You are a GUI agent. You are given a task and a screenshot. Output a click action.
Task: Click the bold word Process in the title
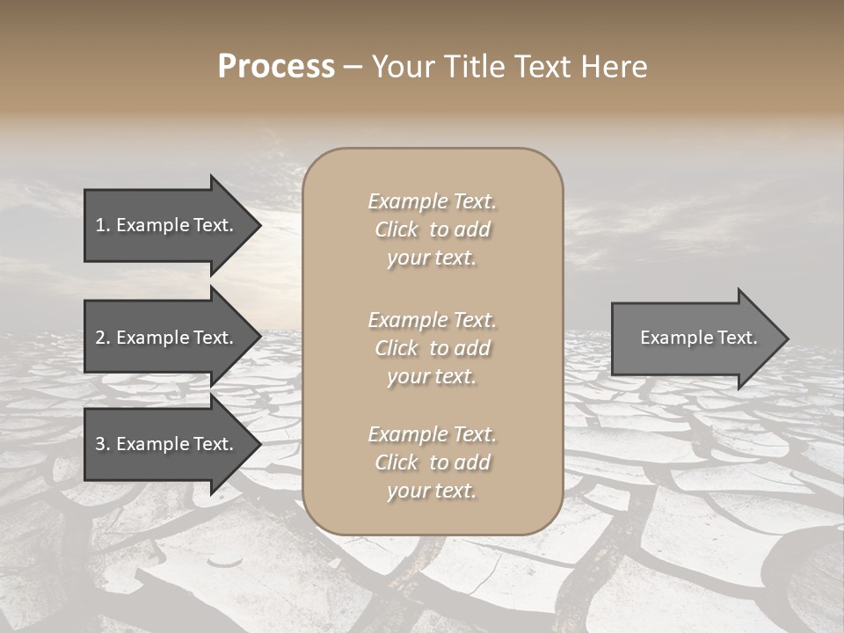pos(276,67)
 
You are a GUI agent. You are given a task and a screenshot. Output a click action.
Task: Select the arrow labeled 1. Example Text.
pos(167,225)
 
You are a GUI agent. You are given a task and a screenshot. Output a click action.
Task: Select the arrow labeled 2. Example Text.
pos(167,338)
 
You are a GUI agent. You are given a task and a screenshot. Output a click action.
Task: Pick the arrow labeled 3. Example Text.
pos(167,444)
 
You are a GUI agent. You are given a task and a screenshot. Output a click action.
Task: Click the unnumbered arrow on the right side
pos(695,338)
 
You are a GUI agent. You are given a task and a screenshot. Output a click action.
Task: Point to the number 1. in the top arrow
pos(103,225)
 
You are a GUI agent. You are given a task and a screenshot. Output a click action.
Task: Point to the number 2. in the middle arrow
pos(103,338)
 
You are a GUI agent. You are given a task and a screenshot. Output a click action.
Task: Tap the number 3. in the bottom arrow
pos(103,444)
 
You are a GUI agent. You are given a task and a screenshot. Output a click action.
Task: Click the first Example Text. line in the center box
pos(432,201)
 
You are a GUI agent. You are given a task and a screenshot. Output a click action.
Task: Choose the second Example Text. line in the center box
pos(432,320)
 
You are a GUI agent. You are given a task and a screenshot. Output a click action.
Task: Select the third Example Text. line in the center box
pos(432,434)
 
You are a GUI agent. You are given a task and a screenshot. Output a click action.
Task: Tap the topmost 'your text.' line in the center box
pos(432,258)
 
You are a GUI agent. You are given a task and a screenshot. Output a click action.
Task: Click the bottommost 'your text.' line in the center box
pos(432,491)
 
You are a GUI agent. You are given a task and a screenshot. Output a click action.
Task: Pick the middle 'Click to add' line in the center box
pos(432,348)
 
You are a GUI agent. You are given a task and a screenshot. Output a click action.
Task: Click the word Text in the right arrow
pos(738,338)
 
